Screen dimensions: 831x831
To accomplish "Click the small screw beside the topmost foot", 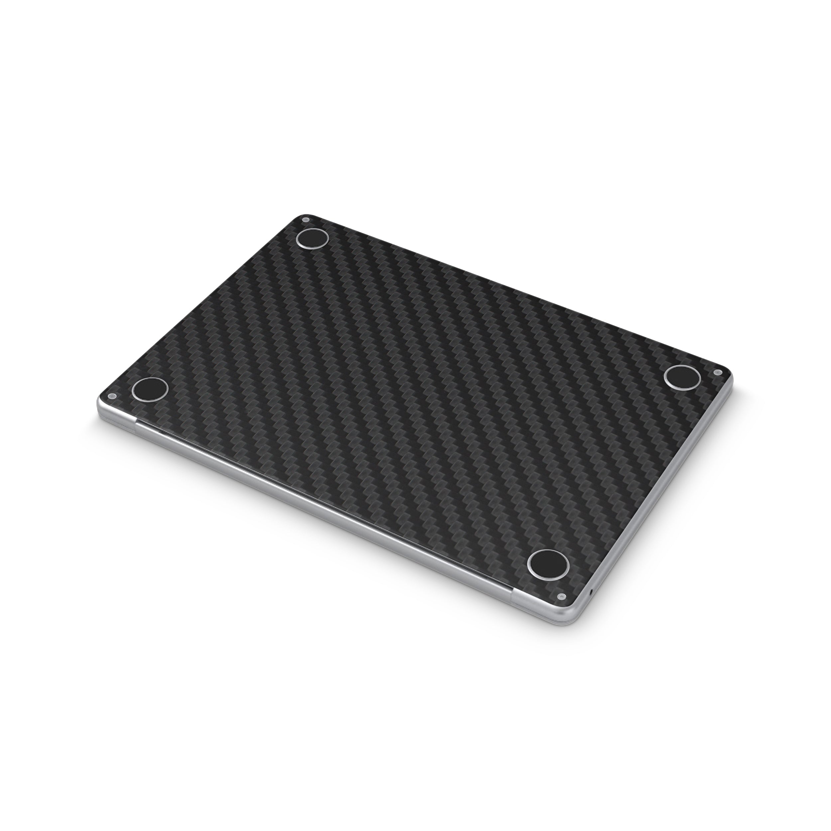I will click(306, 220).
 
